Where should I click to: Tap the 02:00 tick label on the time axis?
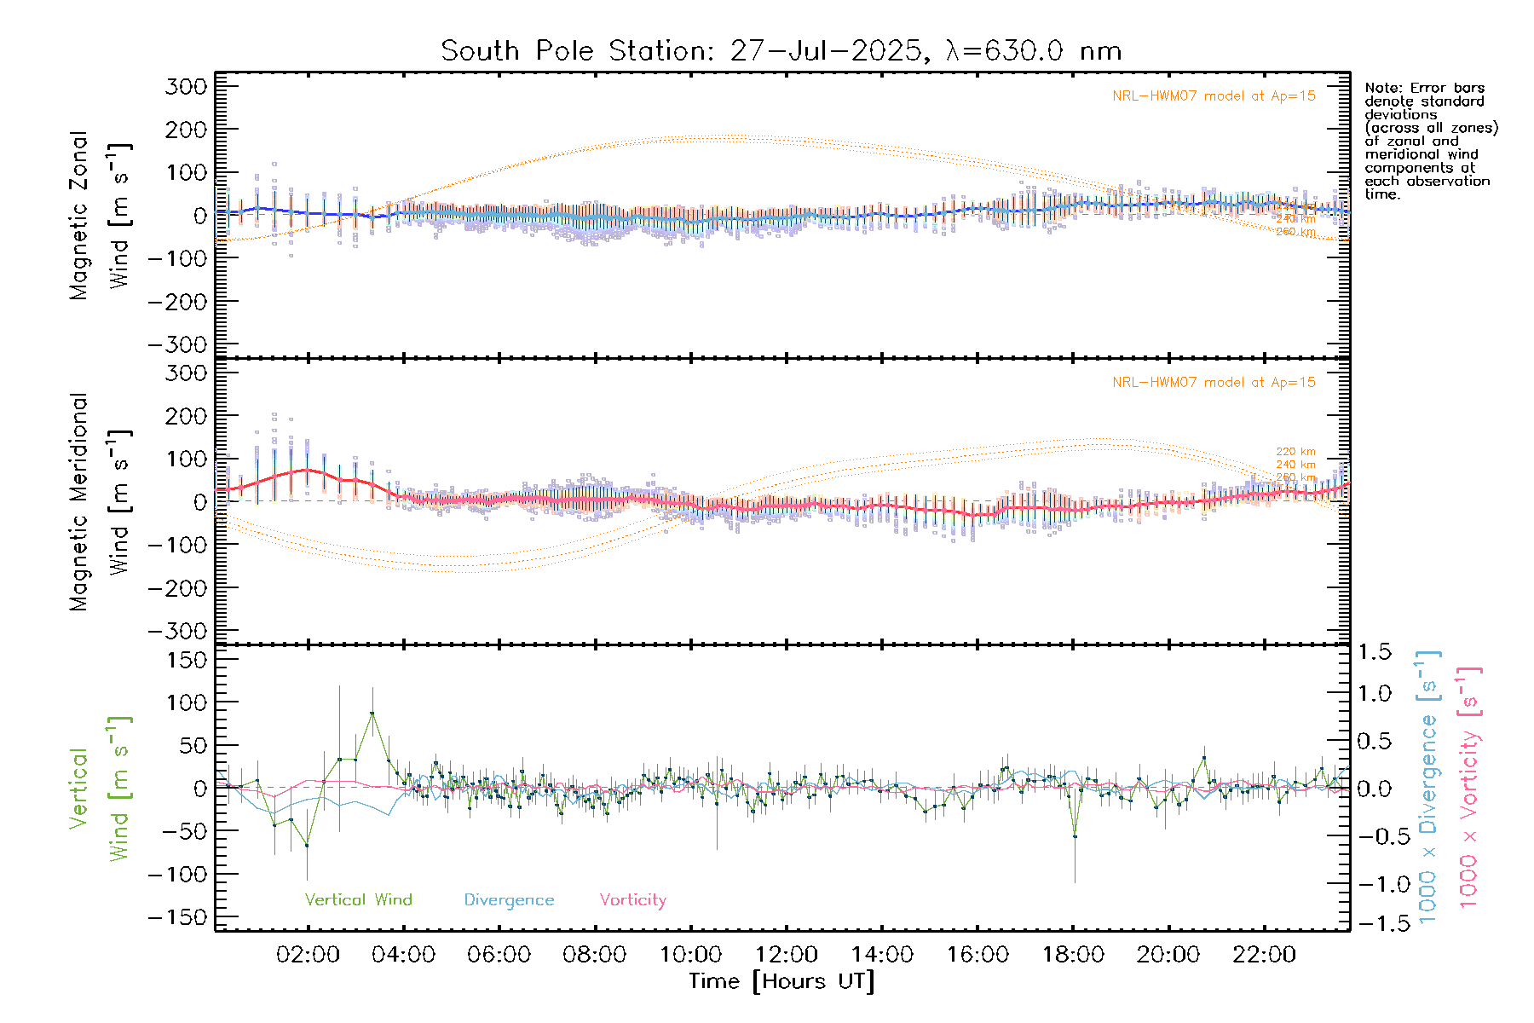[x=308, y=955]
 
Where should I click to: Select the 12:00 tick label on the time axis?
[x=786, y=955]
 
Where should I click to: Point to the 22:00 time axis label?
[x=1264, y=955]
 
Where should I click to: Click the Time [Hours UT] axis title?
[x=781, y=981]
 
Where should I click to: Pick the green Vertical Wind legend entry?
[x=358, y=899]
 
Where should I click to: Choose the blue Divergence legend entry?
[x=509, y=900]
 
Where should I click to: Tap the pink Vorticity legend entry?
[x=632, y=899]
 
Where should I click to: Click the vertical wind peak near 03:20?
[x=372, y=713]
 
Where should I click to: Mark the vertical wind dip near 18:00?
[x=1075, y=836]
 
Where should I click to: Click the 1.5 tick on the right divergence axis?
[x=1375, y=652]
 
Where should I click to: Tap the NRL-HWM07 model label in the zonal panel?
[x=1214, y=96]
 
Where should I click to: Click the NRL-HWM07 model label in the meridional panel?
[x=1214, y=383]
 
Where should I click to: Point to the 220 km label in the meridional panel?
[x=1295, y=452]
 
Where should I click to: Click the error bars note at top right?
[x=1430, y=141]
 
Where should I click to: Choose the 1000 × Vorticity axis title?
[x=1468, y=787]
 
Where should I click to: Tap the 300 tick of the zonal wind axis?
[x=186, y=86]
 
